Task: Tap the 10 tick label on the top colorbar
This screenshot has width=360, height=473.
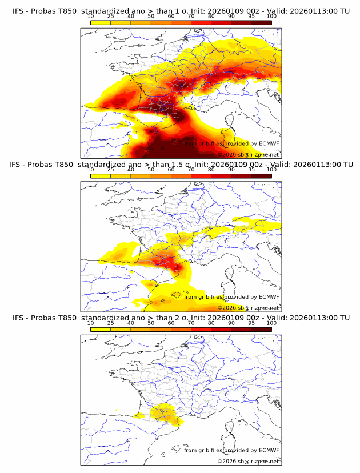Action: click(90, 16)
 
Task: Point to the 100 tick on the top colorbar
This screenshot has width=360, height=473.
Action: click(271, 16)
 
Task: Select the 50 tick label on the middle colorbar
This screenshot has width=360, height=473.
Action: click(151, 170)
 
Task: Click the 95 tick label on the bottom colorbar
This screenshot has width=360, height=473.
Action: click(251, 323)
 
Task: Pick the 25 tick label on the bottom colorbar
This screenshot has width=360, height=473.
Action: click(110, 323)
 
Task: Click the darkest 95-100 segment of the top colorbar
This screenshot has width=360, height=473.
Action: click(261, 22)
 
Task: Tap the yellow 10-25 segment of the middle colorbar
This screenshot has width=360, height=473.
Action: click(101, 176)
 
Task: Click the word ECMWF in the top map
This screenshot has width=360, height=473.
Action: click(269, 143)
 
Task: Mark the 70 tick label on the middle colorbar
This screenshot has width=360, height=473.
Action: click(191, 170)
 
